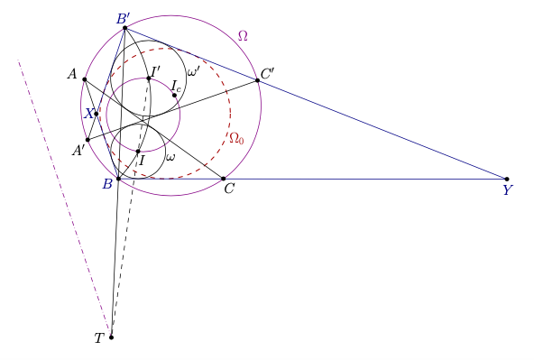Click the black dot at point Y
coord(507,180)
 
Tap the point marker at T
coord(111,337)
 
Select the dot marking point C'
coord(257,80)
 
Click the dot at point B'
coord(125,28)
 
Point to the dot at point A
coord(85,79)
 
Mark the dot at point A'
coord(87,140)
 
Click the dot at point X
coord(96,114)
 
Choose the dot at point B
coord(118,179)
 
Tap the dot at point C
coord(224,179)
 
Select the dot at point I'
coord(149,78)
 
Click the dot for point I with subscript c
coord(174,96)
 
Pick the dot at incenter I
coord(138,152)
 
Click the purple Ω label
coord(243,36)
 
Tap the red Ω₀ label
coord(236,138)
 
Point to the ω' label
coord(193,72)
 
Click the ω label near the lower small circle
coord(170,157)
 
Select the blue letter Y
coord(507,190)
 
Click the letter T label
coord(98,338)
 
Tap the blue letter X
coord(88,114)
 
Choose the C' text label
coord(267,74)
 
